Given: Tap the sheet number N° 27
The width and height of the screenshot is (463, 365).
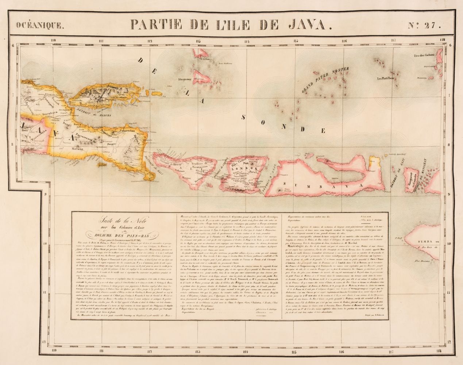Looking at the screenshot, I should click(425, 25).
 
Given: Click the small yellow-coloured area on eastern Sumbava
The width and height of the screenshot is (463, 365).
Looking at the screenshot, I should click(372, 161).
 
